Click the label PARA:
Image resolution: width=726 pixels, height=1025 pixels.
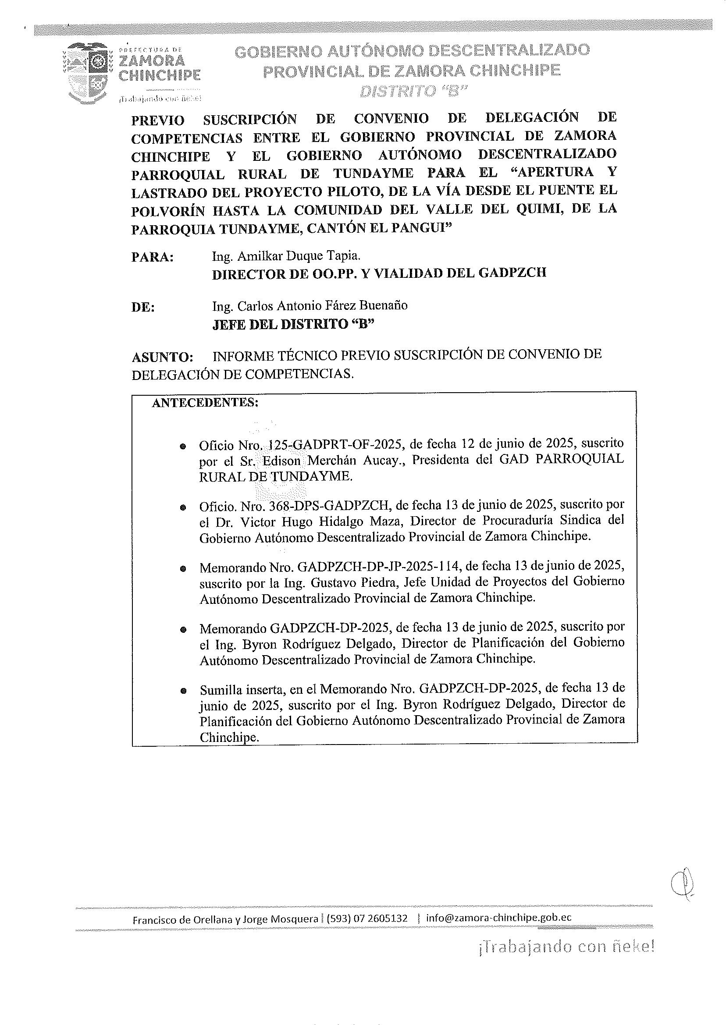(x=153, y=258)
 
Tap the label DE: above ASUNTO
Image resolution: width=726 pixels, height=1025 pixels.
(x=143, y=308)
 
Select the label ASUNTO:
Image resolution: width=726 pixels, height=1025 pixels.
(x=163, y=358)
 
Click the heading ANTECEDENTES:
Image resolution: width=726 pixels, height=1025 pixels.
(x=205, y=403)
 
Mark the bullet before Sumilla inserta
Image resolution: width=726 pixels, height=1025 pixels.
(x=183, y=691)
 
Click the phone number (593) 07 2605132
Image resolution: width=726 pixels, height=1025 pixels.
(x=367, y=918)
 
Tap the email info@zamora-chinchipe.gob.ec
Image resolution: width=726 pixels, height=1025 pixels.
(x=498, y=918)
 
